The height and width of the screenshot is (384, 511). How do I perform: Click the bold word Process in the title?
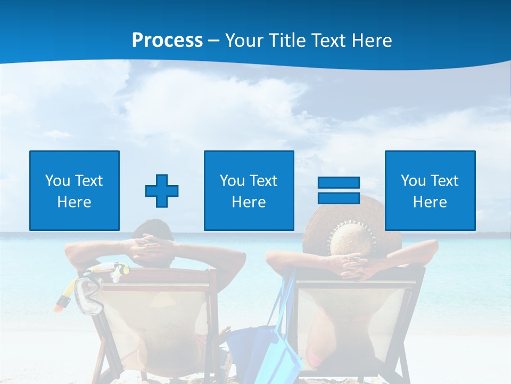click(167, 41)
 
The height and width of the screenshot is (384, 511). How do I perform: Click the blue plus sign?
click(162, 190)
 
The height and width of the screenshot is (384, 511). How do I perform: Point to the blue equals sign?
click(339, 190)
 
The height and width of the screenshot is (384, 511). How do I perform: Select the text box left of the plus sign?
click(75, 190)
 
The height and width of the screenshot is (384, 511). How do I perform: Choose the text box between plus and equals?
click(249, 190)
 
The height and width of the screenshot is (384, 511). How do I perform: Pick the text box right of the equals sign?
click(430, 190)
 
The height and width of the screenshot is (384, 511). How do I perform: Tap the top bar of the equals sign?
click(339, 182)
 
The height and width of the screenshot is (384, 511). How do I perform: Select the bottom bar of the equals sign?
click(339, 198)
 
